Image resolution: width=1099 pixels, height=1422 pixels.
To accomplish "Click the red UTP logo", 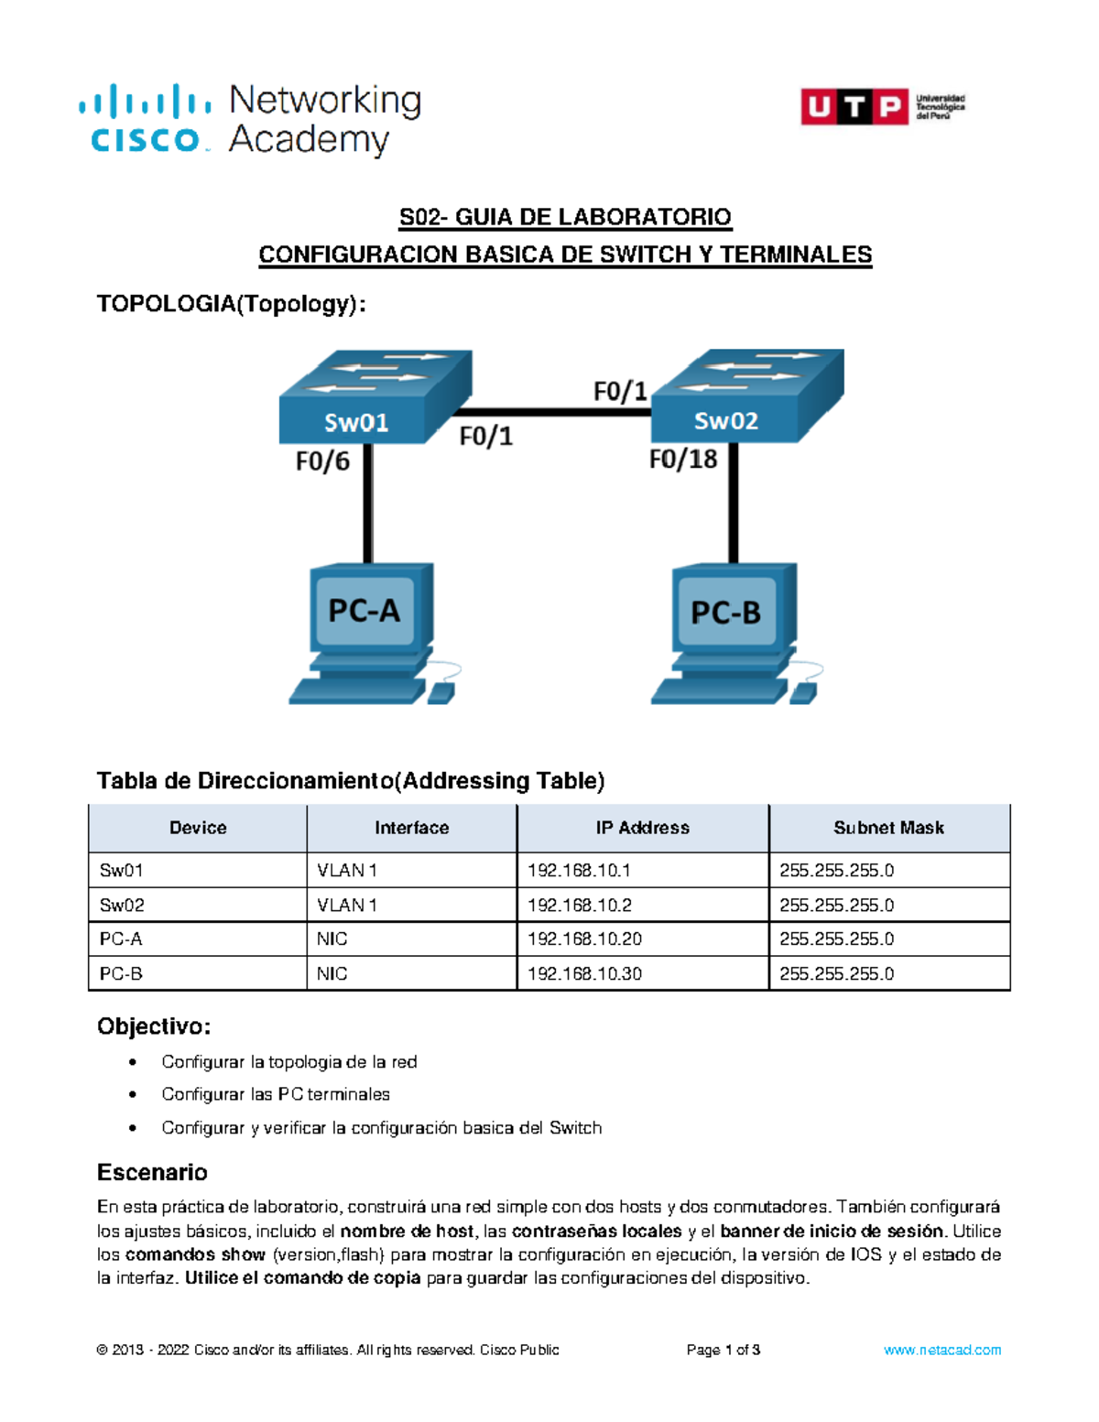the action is click(x=854, y=106).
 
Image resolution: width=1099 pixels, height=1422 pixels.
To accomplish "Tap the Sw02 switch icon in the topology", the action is click(x=745, y=396).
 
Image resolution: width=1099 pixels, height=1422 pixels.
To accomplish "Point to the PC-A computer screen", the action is click(x=365, y=609).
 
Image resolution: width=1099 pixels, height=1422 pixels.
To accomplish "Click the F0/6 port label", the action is click(x=322, y=461).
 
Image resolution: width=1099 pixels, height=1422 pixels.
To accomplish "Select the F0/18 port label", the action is click(x=683, y=459).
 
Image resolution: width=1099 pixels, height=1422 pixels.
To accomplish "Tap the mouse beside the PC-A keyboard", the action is click(x=442, y=692).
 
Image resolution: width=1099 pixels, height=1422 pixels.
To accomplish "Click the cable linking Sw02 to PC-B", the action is click(x=734, y=504).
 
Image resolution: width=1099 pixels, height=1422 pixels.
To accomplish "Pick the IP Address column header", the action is click(x=642, y=828).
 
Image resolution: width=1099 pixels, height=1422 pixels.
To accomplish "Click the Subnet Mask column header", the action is click(x=888, y=828).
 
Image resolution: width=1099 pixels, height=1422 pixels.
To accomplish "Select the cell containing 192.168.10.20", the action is click(x=584, y=939).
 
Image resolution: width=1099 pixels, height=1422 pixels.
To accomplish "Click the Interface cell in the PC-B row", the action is click(x=332, y=974).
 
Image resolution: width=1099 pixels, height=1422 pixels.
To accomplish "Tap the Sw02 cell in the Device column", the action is click(x=122, y=906).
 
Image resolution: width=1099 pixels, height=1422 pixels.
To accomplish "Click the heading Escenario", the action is click(x=152, y=1172).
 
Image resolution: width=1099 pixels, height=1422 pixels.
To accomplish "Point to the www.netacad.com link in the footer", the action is click(x=941, y=1350).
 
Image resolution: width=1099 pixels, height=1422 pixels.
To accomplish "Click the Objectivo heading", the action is click(x=154, y=1026).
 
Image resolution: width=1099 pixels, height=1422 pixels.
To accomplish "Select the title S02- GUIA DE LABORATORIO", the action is click(x=565, y=217).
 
